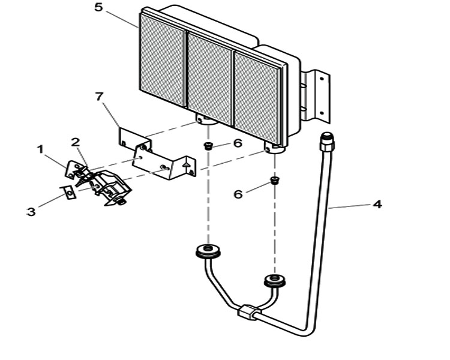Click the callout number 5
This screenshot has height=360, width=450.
point(98,7)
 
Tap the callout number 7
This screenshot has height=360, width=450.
point(99,97)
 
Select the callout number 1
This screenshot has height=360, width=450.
point(41,149)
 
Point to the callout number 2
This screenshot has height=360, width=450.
point(76,142)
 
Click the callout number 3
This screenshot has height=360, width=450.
point(31,212)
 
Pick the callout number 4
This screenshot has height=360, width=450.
point(377,205)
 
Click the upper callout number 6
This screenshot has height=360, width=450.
point(238,143)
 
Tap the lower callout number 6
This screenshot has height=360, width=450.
point(238,194)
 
